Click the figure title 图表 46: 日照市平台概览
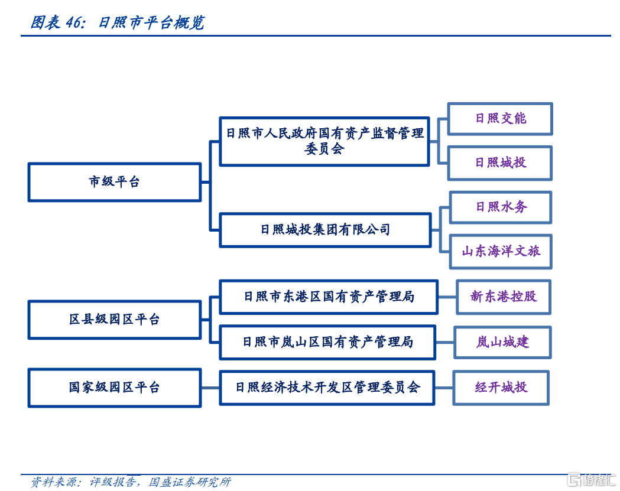point(118,22)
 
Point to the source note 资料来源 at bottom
point(131,482)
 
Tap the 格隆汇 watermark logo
point(592,480)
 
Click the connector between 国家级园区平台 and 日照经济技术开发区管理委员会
point(210,388)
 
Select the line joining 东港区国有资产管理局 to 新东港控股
point(447,297)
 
